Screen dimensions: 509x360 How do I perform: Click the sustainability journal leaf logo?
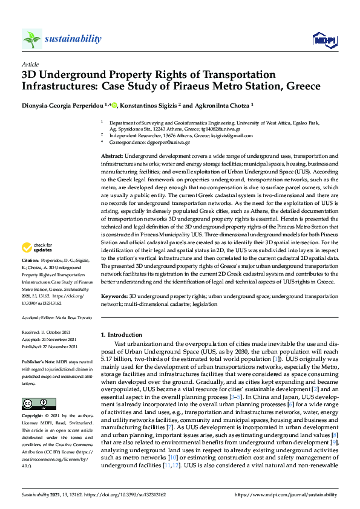(x=31, y=39)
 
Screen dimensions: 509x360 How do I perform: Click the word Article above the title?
(x=30, y=64)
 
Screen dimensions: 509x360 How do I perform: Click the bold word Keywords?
(x=114, y=297)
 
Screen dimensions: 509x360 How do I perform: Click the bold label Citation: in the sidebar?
(x=31, y=261)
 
